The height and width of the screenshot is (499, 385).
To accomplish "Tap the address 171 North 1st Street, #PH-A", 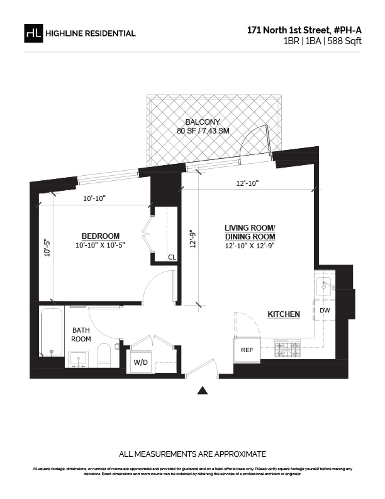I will click(x=304, y=31).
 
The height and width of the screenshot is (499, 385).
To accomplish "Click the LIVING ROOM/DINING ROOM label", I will click(x=250, y=232).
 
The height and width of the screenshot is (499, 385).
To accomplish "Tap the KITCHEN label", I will click(x=284, y=314).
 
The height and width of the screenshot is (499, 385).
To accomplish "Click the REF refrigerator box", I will click(x=247, y=350).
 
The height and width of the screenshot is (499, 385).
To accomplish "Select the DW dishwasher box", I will click(x=325, y=311).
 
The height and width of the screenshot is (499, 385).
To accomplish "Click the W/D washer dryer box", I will click(x=141, y=362).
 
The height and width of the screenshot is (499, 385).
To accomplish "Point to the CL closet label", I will click(x=172, y=258).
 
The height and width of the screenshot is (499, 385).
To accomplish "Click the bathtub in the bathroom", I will click(x=51, y=332).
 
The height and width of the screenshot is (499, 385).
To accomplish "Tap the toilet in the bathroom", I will click(x=104, y=354).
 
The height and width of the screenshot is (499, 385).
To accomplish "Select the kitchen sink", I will click(x=324, y=285).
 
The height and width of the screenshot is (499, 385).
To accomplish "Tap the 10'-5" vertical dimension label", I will click(x=47, y=247).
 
